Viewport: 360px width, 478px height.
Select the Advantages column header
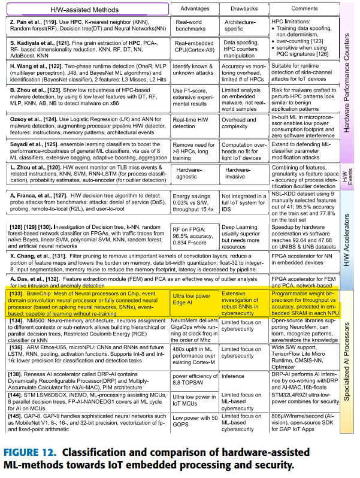193,9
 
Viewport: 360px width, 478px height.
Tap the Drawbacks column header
243,9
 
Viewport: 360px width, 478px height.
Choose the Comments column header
304,9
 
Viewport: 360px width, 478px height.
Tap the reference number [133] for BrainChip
17,295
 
